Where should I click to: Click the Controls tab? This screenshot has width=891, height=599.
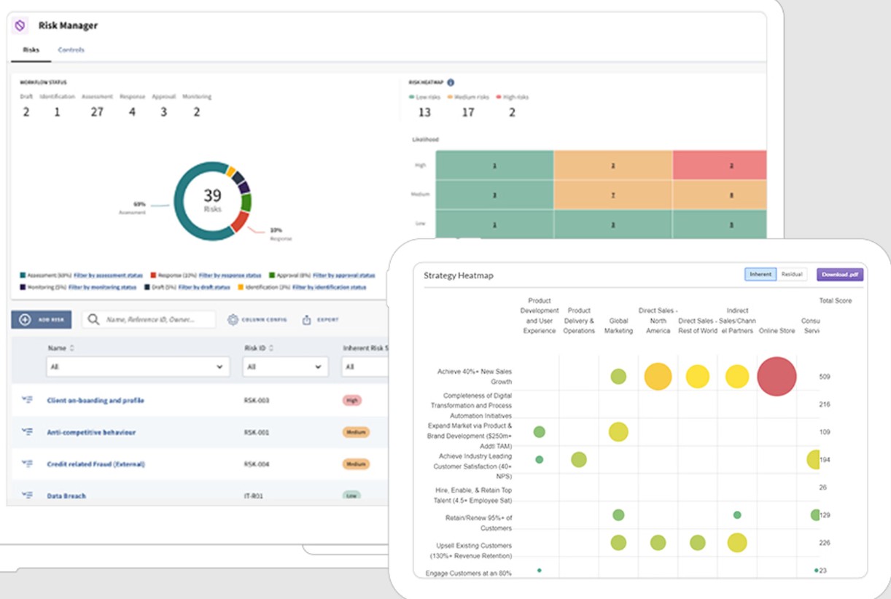[x=71, y=50]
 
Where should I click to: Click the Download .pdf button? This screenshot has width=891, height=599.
[x=840, y=275]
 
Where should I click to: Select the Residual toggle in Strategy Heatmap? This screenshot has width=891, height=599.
[x=791, y=275]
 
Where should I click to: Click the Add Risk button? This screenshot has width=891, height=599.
[x=42, y=320]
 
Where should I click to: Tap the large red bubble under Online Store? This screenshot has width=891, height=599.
[x=777, y=376]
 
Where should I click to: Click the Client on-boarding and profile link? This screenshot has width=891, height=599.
[x=96, y=401]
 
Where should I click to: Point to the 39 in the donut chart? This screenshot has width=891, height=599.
[x=212, y=195]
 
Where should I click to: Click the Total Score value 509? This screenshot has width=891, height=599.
[x=824, y=377]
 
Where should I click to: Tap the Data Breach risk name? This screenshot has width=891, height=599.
[x=66, y=496]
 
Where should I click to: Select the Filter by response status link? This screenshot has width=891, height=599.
[x=230, y=275]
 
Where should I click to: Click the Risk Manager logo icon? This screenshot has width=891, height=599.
[x=20, y=26]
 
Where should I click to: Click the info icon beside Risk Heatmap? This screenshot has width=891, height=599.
[x=451, y=82]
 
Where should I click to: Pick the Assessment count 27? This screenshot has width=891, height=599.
[x=97, y=112]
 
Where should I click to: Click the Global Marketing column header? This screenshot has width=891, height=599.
[x=618, y=326]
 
